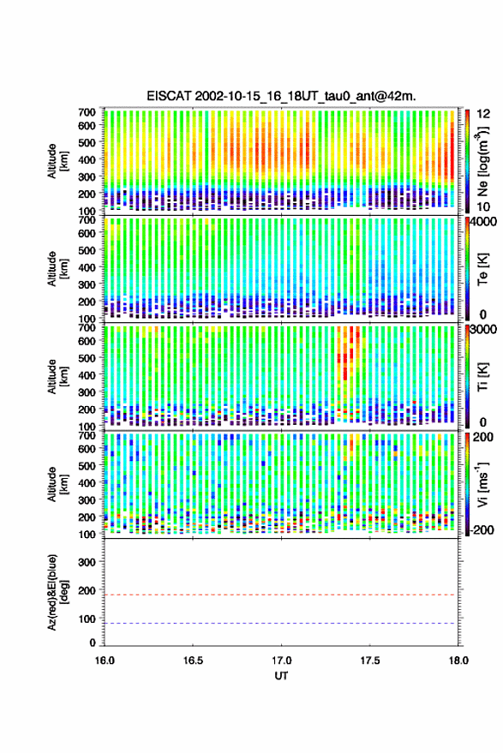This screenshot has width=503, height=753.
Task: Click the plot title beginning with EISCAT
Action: (281, 96)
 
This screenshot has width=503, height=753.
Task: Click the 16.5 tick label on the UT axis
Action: (193, 660)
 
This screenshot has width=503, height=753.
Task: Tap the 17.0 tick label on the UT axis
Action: (281, 660)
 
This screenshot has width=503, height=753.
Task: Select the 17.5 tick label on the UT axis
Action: (369, 660)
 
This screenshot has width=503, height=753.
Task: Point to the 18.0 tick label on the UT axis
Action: (458, 660)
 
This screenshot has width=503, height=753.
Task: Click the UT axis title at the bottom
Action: (281, 676)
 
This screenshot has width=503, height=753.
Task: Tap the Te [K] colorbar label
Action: (482, 269)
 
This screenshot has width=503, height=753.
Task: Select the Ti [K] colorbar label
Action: (482, 377)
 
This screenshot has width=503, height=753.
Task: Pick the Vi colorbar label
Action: (482, 485)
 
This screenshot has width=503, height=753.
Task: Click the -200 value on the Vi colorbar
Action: (481, 529)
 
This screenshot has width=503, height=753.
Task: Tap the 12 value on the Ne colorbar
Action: (483, 114)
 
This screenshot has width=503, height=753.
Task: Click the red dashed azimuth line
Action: (279, 595)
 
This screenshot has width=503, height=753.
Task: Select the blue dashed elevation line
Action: (279, 624)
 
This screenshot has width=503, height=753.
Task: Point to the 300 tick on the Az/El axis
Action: (87, 562)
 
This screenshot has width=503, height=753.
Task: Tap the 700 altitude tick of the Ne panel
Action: (87, 112)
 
